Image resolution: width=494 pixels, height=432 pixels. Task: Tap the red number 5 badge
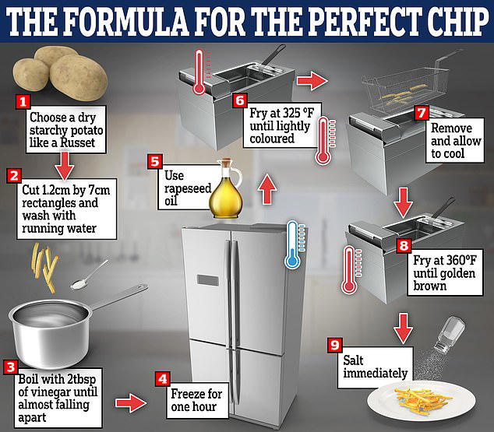[156, 163]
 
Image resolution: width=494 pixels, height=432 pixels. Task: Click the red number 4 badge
[162, 378]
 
